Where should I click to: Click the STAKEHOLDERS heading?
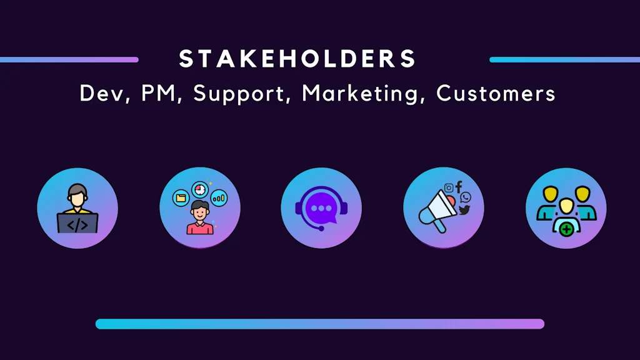297,59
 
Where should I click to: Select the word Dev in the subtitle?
101,94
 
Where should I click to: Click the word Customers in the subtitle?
496,94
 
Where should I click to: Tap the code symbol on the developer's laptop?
77,224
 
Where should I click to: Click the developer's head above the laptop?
77,195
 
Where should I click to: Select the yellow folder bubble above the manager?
181,197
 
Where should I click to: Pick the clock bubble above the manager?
200,188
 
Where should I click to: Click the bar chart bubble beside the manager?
219,198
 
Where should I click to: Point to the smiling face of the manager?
200,209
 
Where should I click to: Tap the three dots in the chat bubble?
321,208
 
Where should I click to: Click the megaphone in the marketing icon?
436,210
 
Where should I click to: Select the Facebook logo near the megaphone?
459,186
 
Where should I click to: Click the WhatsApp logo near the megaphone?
466,197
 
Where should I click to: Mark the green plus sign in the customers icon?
566,229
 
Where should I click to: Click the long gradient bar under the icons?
320,324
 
